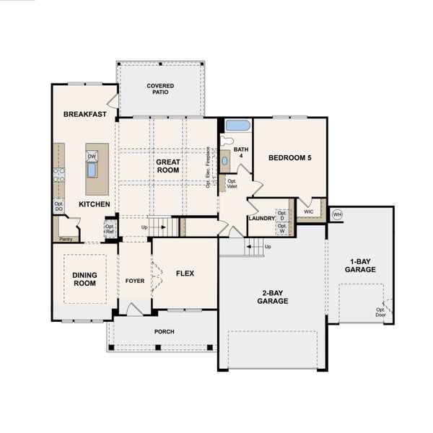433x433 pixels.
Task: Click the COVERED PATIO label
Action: [x=160, y=89]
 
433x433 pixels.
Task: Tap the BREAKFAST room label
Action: [x=84, y=114]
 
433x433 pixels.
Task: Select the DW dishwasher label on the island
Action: [x=92, y=156]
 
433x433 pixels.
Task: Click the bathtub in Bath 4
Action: [x=237, y=126]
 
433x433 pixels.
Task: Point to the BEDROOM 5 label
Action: [x=290, y=157]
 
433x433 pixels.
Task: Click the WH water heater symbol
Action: [x=337, y=214]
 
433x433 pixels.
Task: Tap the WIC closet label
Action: [x=308, y=212]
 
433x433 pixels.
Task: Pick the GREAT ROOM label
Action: [x=167, y=167]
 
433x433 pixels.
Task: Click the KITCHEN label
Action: [x=95, y=204]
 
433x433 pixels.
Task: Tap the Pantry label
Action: [x=66, y=238]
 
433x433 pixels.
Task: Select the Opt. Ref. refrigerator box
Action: [x=110, y=229]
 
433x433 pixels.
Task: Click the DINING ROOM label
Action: [x=84, y=279]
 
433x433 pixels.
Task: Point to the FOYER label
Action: [x=135, y=281]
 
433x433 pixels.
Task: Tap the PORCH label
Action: [x=164, y=332]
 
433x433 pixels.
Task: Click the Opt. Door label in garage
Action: [x=380, y=312]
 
